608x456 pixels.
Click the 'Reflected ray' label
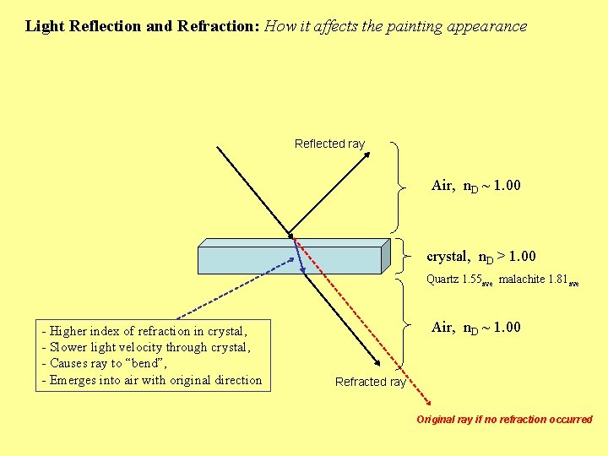click(x=329, y=144)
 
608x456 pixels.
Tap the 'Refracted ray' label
click(x=370, y=382)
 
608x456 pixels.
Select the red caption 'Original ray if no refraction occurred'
click(x=504, y=420)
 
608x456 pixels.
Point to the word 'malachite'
click(x=522, y=280)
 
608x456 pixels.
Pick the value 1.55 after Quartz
click(x=472, y=280)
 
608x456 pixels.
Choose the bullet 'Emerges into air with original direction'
click(x=151, y=380)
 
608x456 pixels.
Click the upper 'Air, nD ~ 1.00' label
click(x=475, y=185)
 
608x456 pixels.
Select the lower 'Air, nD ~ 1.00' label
click(x=475, y=327)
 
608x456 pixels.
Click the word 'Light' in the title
click(x=45, y=25)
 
